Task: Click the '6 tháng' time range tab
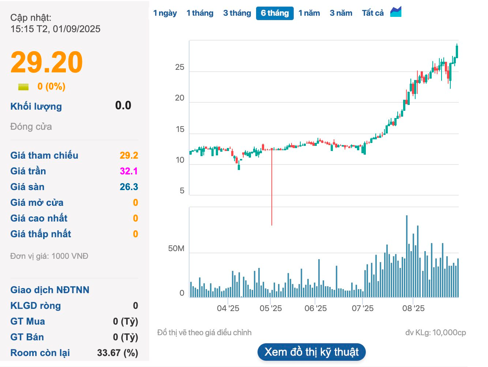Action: click(x=275, y=13)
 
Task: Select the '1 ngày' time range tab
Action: click(x=165, y=13)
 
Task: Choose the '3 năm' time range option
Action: click(x=341, y=13)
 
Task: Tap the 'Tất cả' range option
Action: click(x=373, y=13)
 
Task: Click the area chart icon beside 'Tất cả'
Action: click(x=396, y=12)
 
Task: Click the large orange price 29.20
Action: click(x=47, y=62)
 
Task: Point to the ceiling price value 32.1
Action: click(x=129, y=171)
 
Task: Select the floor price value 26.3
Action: click(x=129, y=187)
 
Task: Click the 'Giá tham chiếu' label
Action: click(x=44, y=155)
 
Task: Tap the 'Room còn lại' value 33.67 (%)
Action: click(x=117, y=353)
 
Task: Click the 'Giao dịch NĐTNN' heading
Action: click(x=50, y=290)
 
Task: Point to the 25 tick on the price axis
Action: click(x=180, y=67)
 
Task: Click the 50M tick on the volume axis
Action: click(x=176, y=249)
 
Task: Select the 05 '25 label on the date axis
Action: click(x=271, y=309)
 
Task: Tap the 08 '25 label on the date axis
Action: click(x=413, y=309)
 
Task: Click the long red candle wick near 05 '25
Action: click(x=272, y=190)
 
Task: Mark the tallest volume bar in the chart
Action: click(x=407, y=256)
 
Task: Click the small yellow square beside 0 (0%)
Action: click(x=23, y=87)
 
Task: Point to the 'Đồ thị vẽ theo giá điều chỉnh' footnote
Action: click(x=204, y=333)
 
